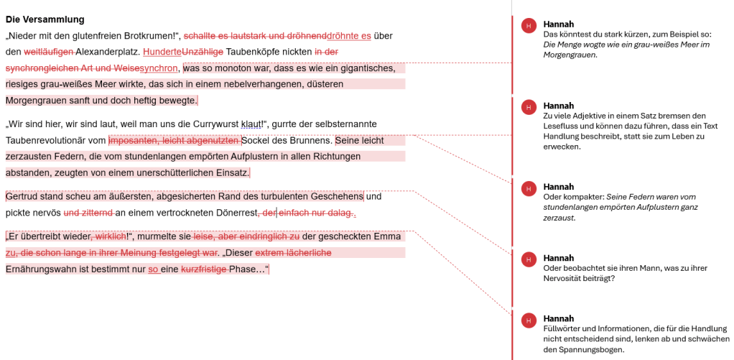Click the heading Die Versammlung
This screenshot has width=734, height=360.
click(x=45, y=19)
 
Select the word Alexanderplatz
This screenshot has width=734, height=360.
click(x=108, y=52)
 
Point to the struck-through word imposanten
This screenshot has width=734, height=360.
click(x=133, y=141)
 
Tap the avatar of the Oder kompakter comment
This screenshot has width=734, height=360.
click(x=529, y=188)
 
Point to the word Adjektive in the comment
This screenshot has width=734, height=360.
click(x=592, y=115)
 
